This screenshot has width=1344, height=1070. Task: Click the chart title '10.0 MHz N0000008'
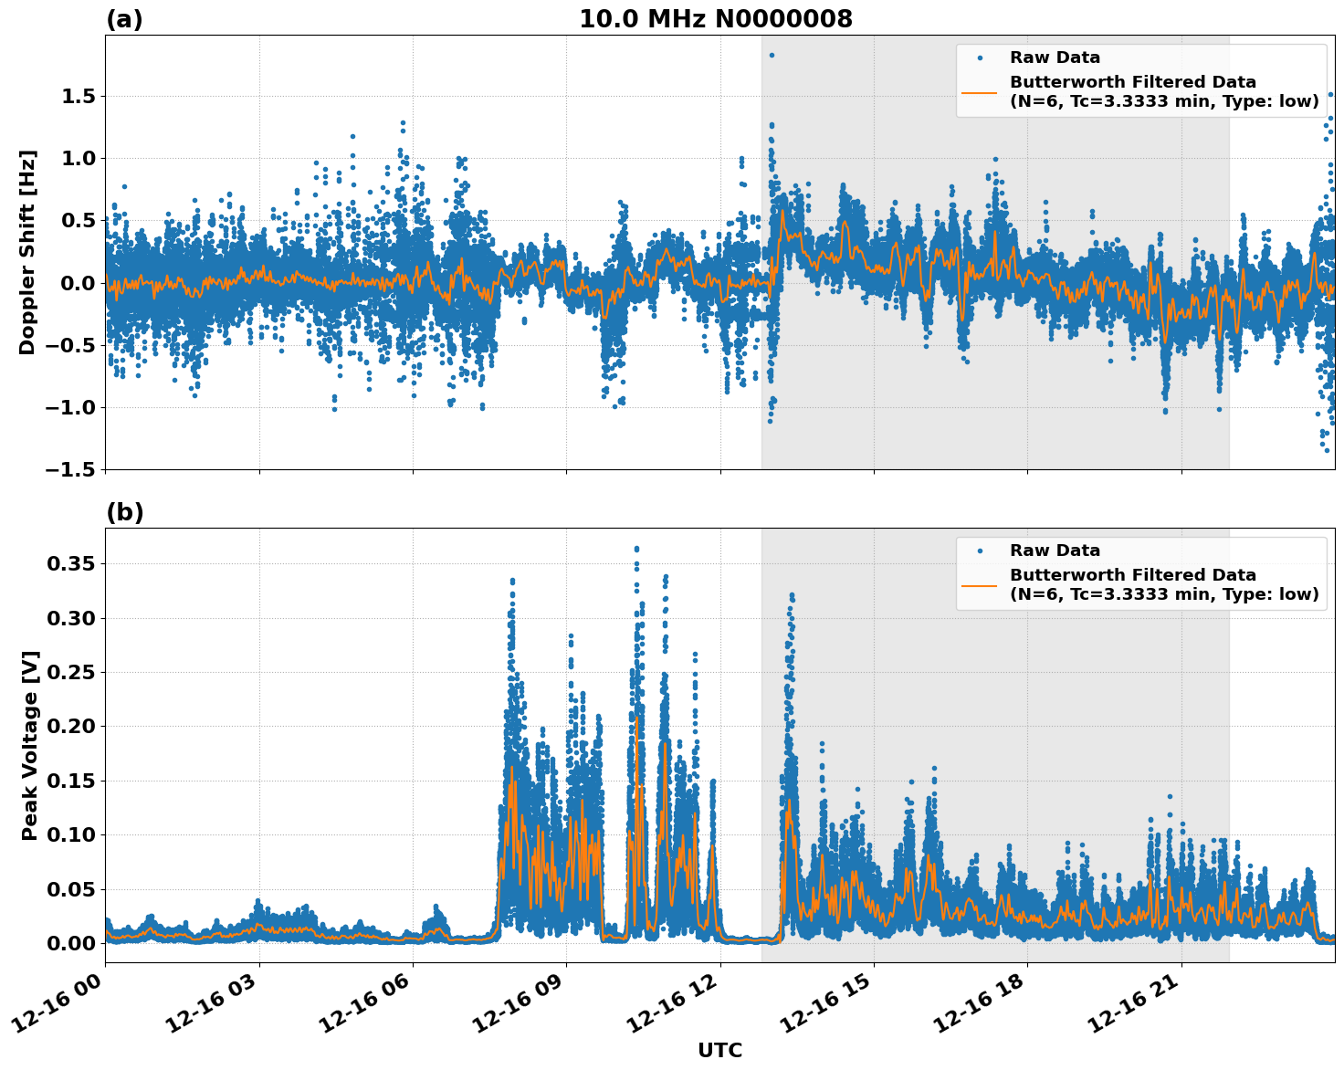click(715, 19)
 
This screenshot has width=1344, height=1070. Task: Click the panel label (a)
click(124, 19)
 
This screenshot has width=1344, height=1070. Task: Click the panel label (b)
click(124, 512)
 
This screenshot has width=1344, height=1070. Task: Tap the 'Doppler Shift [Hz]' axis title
click(27, 252)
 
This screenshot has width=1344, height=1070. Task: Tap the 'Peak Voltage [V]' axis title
click(30, 745)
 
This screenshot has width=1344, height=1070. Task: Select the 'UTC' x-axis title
click(719, 1050)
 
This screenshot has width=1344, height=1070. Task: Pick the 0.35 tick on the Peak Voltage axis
click(71, 564)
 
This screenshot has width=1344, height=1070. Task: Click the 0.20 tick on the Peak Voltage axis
click(71, 727)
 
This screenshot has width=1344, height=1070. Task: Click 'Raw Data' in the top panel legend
click(1055, 58)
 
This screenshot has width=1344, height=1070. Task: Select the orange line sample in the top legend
click(979, 91)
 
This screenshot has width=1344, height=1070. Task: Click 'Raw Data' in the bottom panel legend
click(1055, 551)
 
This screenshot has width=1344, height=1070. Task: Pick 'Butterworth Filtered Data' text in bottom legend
click(1132, 575)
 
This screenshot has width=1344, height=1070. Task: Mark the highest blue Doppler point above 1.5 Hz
click(772, 55)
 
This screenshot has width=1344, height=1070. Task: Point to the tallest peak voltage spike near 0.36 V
click(636, 550)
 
